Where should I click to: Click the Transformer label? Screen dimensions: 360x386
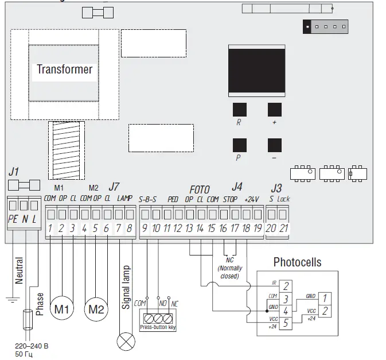pyautogui.click(x=64, y=69)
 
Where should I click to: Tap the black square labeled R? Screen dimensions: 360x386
pyautogui.click(x=239, y=110)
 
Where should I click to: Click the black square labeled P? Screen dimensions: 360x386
pyautogui.click(x=239, y=145)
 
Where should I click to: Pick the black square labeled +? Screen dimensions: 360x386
pyautogui.click(x=275, y=110)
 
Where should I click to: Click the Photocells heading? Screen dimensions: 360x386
pyautogui.click(x=297, y=262)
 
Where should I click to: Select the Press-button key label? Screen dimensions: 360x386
pyautogui.click(x=157, y=327)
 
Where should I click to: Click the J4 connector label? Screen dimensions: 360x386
pyautogui.click(x=236, y=187)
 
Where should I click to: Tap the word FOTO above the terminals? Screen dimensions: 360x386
pyautogui.click(x=200, y=189)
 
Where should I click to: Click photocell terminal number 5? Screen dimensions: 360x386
pyautogui.click(x=286, y=321)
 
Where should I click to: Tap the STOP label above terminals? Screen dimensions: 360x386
pyautogui.click(x=230, y=199)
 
